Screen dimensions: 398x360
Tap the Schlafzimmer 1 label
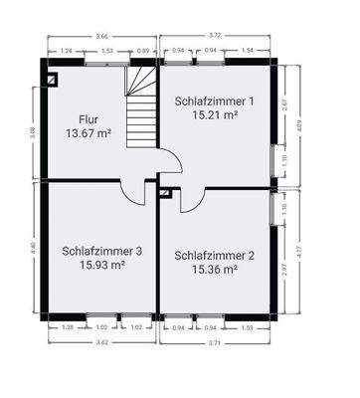click(x=214, y=101)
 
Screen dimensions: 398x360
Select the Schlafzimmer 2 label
click(x=214, y=256)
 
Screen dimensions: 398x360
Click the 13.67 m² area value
click(x=87, y=132)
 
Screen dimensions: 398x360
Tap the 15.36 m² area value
click(x=216, y=269)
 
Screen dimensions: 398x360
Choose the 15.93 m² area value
click(x=101, y=266)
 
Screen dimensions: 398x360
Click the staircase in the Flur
click(x=138, y=109)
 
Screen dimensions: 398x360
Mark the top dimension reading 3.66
click(x=102, y=37)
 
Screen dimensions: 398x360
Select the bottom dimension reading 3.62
click(x=100, y=340)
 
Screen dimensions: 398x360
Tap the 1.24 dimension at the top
click(x=66, y=50)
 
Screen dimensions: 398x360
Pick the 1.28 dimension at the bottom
click(x=67, y=326)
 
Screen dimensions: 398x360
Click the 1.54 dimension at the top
click(x=249, y=50)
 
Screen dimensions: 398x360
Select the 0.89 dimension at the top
click(x=143, y=50)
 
